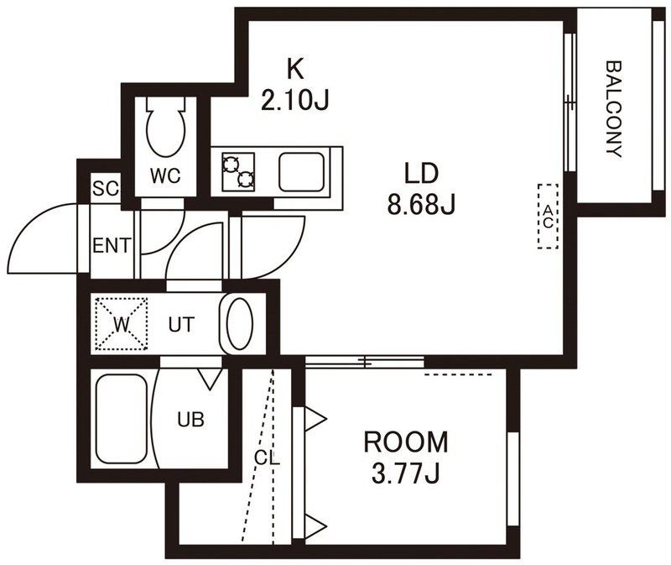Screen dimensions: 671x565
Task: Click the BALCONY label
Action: pyautogui.click(x=614, y=110)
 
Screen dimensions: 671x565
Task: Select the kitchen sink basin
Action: pyautogui.click(x=301, y=172)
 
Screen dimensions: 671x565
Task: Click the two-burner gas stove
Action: pyautogui.click(x=238, y=172)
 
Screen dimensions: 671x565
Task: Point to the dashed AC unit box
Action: pyautogui.click(x=549, y=217)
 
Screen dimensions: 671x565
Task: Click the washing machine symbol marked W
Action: pyautogui.click(x=122, y=324)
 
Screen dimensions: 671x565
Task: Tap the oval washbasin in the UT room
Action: pyautogui.click(x=239, y=324)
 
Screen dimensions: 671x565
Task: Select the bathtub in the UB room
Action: pyautogui.click(x=122, y=419)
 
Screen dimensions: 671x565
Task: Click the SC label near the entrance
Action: pyautogui.click(x=106, y=188)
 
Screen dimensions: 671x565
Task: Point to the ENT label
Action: pyautogui.click(x=112, y=246)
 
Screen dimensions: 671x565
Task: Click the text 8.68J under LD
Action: pyautogui.click(x=421, y=204)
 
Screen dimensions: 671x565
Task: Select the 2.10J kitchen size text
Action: pyautogui.click(x=295, y=101)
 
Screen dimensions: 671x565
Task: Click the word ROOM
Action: pyautogui.click(x=406, y=442)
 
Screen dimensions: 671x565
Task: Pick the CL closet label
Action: pyautogui.click(x=267, y=458)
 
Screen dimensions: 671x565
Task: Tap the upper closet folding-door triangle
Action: pyautogui.click(x=315, y=418)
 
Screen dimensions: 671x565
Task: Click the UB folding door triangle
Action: pyautogui.click(x=211, y=379)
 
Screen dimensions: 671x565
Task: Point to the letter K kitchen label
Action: pyautogui.click(x=295, y=69)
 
